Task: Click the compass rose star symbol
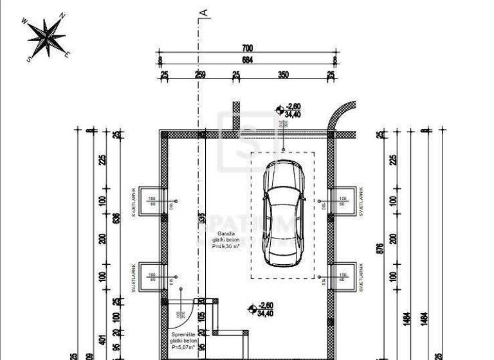coord(45,37)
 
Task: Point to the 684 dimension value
coord(248,60)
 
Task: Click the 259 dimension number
coord(200,75)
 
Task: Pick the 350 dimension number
coord(284,75)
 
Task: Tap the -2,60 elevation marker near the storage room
coord(253,309)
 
